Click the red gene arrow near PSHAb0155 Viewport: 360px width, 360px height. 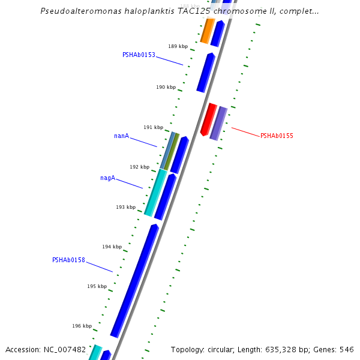(x=208, y=119)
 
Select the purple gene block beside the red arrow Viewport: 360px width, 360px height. (x=218, y=123)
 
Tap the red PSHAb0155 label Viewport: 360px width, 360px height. (x=277, y=136)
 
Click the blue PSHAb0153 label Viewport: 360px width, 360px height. (x=139, y=55)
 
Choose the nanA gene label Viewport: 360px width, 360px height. (x=121, y=136)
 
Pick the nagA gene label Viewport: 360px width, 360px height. (x=107, y=178)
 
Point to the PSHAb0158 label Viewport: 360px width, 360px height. (x=68, y=260)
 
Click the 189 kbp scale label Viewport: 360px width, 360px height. (x=178, y=46)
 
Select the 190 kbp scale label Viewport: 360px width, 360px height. (x=166, y=87)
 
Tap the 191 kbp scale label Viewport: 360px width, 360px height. (x=153, y=127)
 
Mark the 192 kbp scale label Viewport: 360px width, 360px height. (x=139, y=167)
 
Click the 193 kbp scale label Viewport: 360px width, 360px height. (x=125, y=207)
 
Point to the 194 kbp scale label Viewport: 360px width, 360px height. (x=112, y=247)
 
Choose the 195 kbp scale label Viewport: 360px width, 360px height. (x=97, y=286)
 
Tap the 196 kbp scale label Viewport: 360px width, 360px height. (x=82, y=326)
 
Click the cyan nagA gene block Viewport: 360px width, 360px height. (x=155, y=192)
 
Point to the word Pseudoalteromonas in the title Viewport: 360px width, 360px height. (x=77, y=11)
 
